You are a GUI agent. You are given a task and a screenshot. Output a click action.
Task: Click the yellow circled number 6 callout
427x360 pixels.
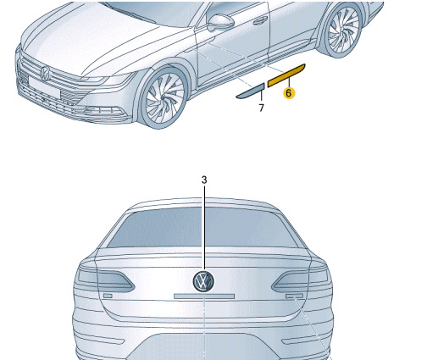(289, 93)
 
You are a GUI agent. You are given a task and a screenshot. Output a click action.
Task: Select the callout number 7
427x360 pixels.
(261, 108)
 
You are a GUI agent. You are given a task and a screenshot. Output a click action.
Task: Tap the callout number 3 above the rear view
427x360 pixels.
(204, 180)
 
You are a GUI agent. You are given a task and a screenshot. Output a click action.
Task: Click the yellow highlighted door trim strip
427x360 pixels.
(286, 75)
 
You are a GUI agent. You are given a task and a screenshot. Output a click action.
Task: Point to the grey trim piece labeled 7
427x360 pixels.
(250, 91)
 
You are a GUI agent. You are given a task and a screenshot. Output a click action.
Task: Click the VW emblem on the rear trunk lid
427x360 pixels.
(203, 281)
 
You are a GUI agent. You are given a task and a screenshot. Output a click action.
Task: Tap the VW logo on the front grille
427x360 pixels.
(45, 74)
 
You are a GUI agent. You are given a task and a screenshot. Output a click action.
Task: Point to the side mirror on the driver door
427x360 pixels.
(220, 22)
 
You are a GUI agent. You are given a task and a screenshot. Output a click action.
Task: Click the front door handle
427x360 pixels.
(260, 19)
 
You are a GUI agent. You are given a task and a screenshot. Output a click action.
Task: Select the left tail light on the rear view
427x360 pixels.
(105, 280)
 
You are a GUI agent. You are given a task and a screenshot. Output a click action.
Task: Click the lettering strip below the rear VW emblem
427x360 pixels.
(204, 296)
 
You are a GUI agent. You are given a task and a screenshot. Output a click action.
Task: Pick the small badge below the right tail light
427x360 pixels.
(294, 296)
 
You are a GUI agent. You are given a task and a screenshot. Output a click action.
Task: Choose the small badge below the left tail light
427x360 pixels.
(108, 296)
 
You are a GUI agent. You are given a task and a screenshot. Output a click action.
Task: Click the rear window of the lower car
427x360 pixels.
(203, 227)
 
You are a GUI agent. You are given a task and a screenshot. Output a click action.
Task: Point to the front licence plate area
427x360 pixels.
(45, 87)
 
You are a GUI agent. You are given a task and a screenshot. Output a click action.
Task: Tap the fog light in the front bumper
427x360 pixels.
(104, 111)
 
